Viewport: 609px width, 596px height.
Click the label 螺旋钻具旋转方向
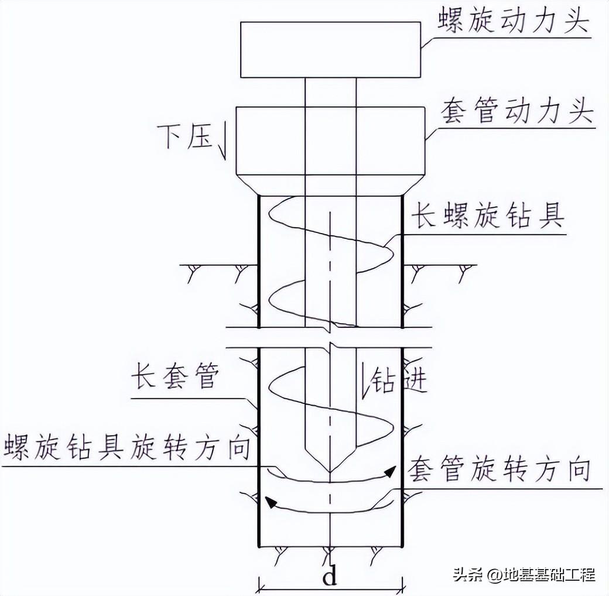pyautogui.click(x=126, y=447)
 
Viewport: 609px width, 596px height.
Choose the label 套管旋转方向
pyautogui.click(x=497, y=469)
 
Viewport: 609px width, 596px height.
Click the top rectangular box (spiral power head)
pyautogui.click(x=331, y=49)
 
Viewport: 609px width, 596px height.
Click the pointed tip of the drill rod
pyautogui.click(x=330, y=472)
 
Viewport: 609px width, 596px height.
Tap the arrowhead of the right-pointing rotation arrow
pyautogui.click(x=387, y=472)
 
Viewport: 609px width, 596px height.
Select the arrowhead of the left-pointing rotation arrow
pyautogui.click(x=270, y=501)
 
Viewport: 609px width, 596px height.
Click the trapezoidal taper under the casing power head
pyautogui.click(x=330, y=185)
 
